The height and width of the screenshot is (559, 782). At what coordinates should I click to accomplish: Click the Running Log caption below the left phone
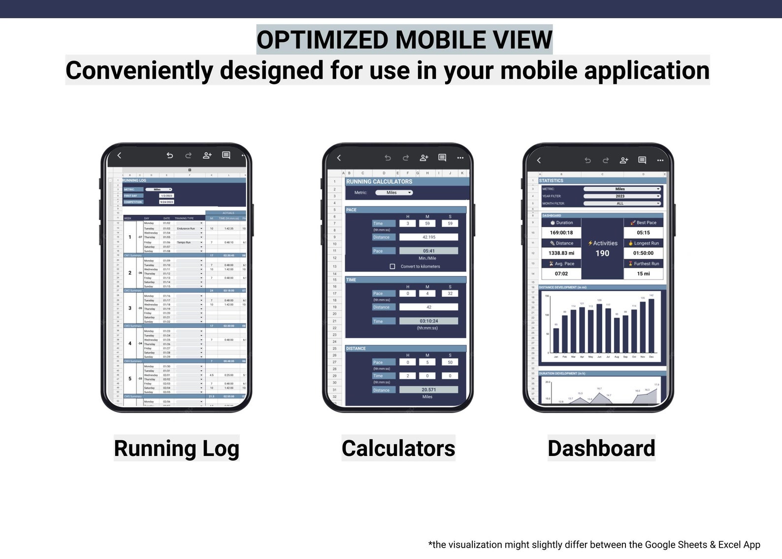[176, 448]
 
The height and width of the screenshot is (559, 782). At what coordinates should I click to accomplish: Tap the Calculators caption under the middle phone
[398, 448]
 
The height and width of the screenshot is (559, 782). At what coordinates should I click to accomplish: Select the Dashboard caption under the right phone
[601, 448]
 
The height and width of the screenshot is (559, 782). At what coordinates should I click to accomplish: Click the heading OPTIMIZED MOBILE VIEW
[404, 40]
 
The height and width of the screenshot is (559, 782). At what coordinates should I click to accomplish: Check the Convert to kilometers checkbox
[392, 267]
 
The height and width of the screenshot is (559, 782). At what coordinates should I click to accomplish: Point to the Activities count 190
[602, 253]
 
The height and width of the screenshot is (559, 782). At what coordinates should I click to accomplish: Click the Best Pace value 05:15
[643, 233]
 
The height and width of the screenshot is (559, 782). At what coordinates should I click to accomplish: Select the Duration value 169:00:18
[561, 233]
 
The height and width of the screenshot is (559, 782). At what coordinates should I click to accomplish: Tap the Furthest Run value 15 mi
[643, 274]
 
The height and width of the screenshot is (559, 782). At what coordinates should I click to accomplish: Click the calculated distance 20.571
[428, 390]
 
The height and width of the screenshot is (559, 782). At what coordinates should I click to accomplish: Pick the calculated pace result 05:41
[428, 251]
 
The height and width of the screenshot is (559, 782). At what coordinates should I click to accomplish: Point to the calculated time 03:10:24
[428, 321]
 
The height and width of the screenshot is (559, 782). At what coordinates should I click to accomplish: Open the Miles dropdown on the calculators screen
[394, 193]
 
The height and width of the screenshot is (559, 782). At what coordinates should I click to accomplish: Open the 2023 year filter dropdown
[622, 196]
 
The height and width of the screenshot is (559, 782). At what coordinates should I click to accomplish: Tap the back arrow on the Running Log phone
[119, 155]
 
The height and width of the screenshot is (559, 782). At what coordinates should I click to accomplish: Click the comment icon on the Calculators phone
[442, 158]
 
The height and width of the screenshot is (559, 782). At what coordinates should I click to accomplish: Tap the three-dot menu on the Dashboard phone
[660, 160]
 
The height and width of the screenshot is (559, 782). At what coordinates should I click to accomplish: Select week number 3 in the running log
[130, 308]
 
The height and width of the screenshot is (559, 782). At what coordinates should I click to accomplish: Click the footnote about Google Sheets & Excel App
[594, 545]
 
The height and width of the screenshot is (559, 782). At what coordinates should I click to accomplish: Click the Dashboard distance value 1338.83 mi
[561, 253]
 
